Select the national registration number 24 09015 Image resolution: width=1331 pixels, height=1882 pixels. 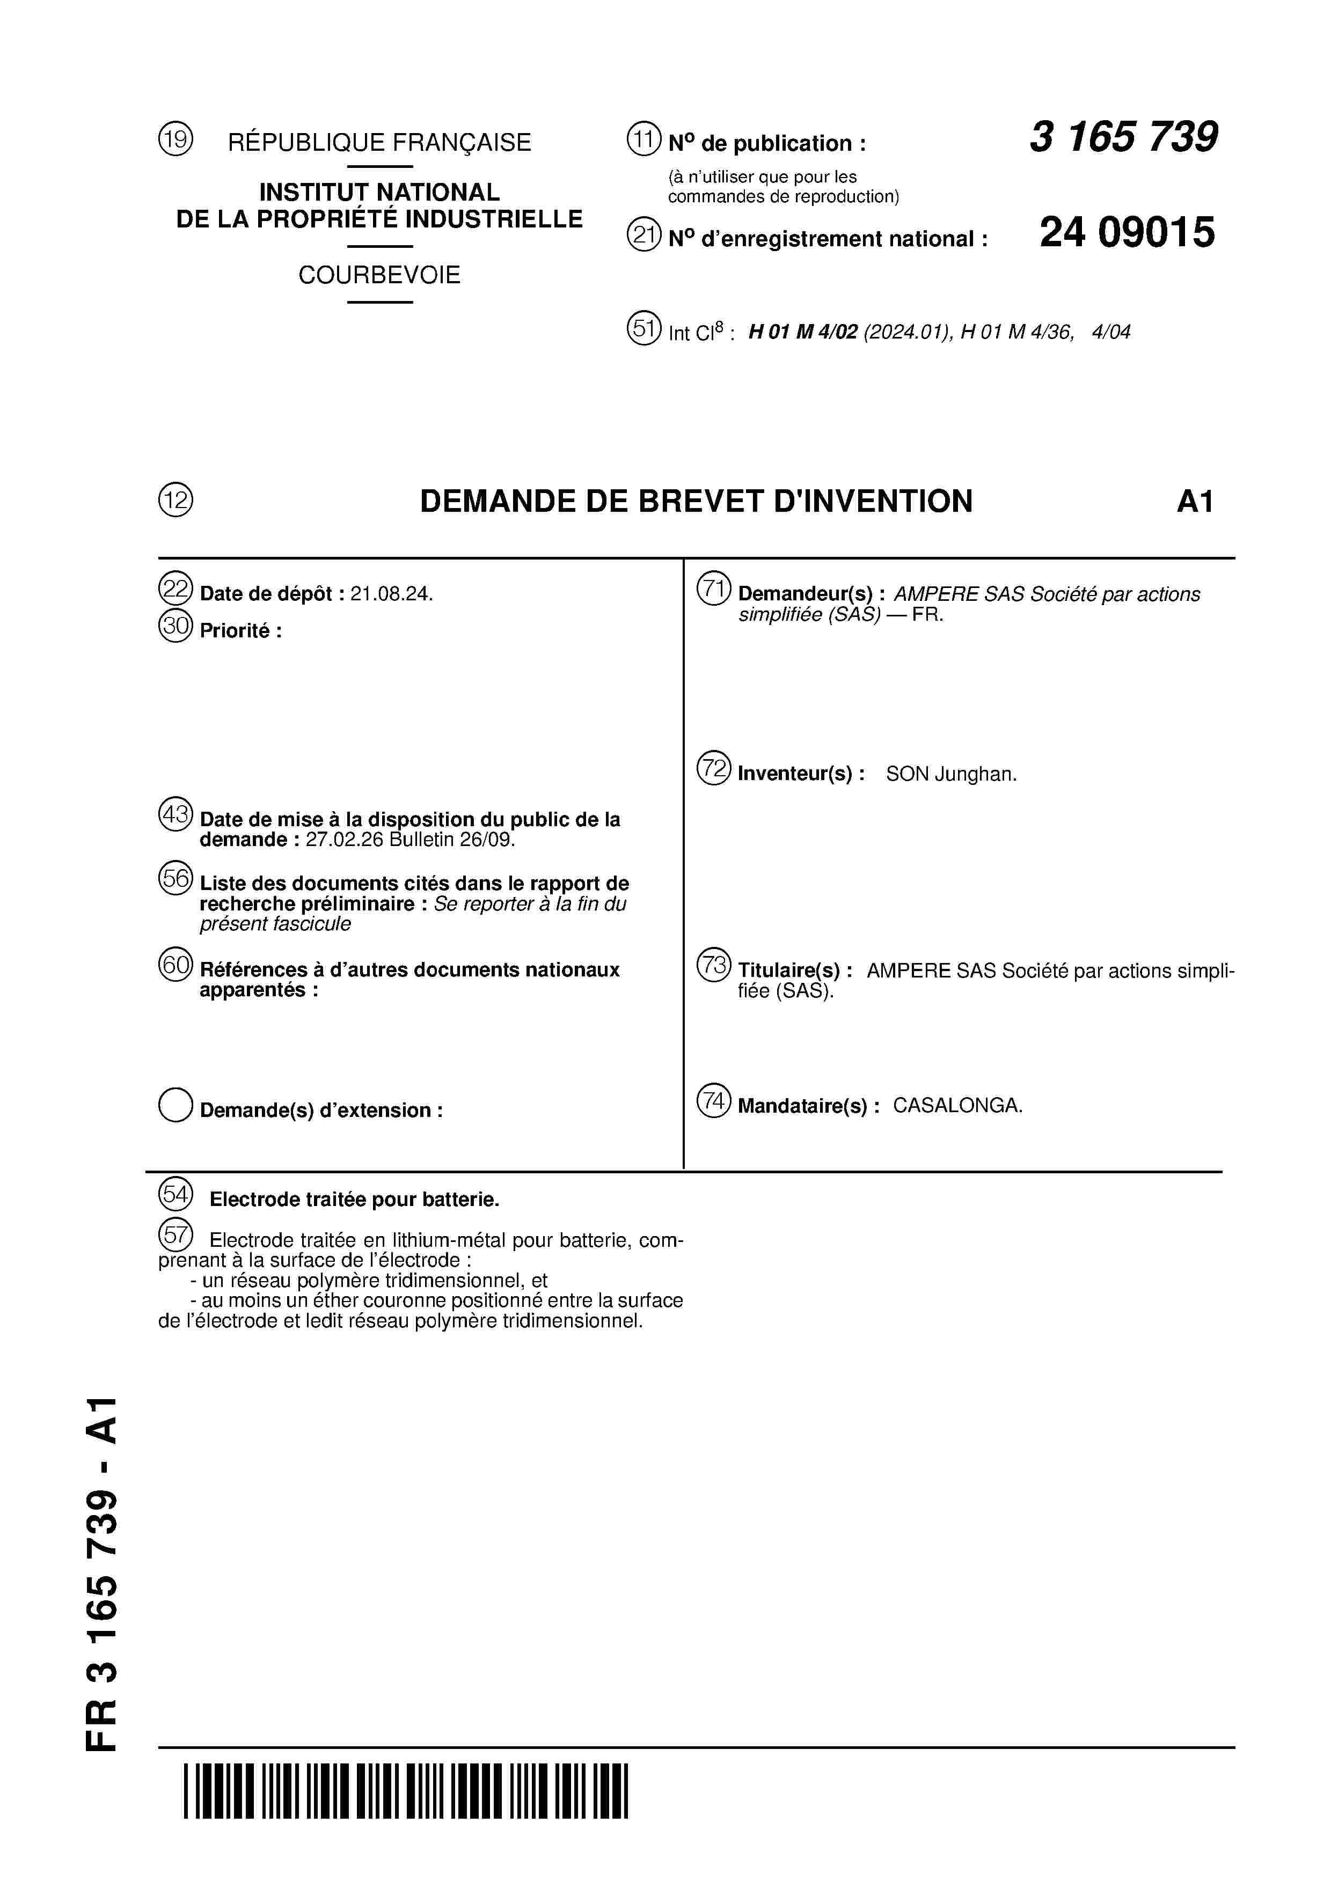[x=1127, y=233]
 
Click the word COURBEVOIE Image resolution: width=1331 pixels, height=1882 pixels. [x=379, y=275]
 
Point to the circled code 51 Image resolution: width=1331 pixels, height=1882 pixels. [x=644, y=329]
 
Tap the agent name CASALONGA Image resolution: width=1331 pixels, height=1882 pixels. [x=957, y=1105]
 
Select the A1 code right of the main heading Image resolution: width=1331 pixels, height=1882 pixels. [x=1194, y=501]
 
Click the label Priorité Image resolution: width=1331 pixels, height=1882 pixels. [x=240, y=630]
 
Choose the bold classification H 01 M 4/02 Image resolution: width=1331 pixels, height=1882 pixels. [x=803, y=332]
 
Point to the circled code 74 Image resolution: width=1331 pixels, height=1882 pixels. [x=713, y=1101]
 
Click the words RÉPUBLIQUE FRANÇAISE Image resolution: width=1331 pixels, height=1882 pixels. [x=379, y=143]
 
